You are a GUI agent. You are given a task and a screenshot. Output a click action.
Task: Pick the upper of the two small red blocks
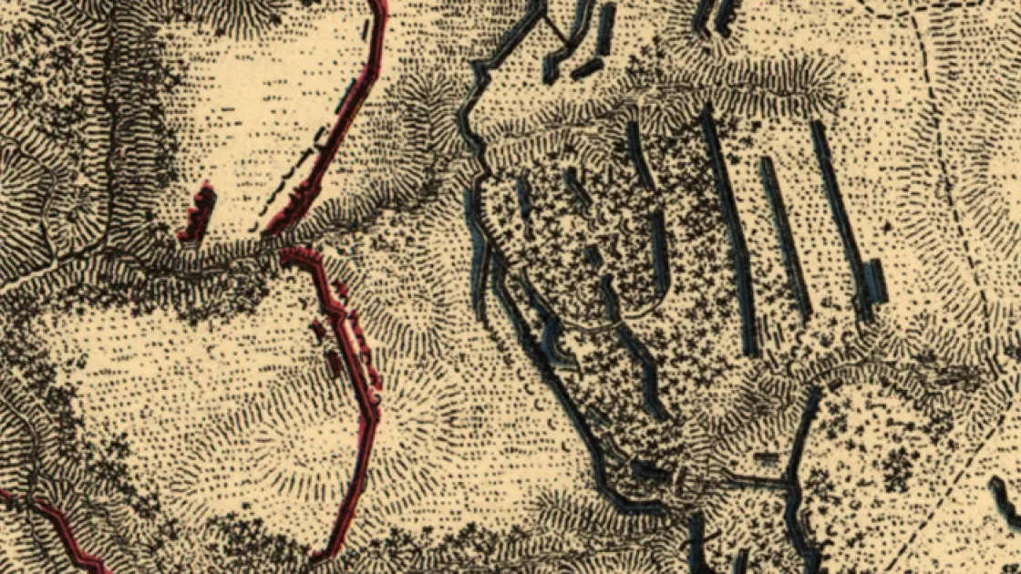(x=318, y=329)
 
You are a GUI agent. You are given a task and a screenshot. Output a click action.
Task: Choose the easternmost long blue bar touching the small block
(x=839, y=219)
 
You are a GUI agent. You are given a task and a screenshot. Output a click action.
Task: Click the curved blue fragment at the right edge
(x=1003, y=501)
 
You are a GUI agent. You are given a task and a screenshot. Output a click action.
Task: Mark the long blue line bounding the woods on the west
(x=547, y=364)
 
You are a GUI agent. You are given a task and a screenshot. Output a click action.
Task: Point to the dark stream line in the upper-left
(x=109, y=137)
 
